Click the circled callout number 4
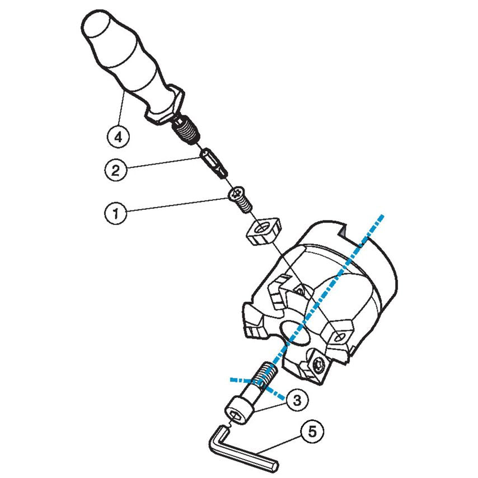click(x=118, y=135)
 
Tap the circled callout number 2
click(x=115, y=170)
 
